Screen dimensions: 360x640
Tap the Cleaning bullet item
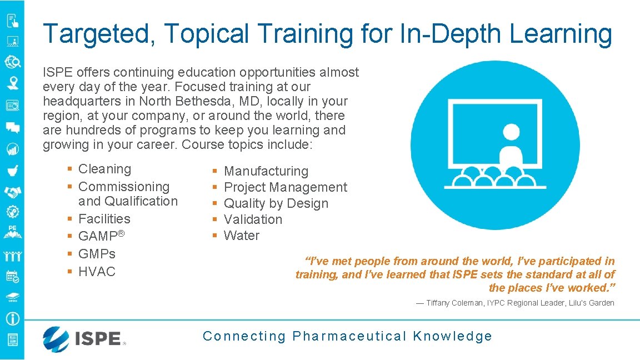[104, 169]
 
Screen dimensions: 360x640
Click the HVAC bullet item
[97, 272]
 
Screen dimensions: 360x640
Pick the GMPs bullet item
[97, 254]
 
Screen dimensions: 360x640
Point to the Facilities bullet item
[104, 219]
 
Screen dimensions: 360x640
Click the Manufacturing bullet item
[266, 171]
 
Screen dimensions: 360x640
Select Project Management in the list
[285, 187]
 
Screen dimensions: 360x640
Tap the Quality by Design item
[276, 203]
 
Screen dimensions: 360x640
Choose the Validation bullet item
[253, 219]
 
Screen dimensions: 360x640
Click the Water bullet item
[241, 236]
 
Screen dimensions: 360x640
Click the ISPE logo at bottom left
[84, 338]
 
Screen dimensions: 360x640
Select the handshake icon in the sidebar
[12, 192]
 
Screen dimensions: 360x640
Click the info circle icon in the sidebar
[12, 319]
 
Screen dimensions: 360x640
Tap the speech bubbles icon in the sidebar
[12, 128]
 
